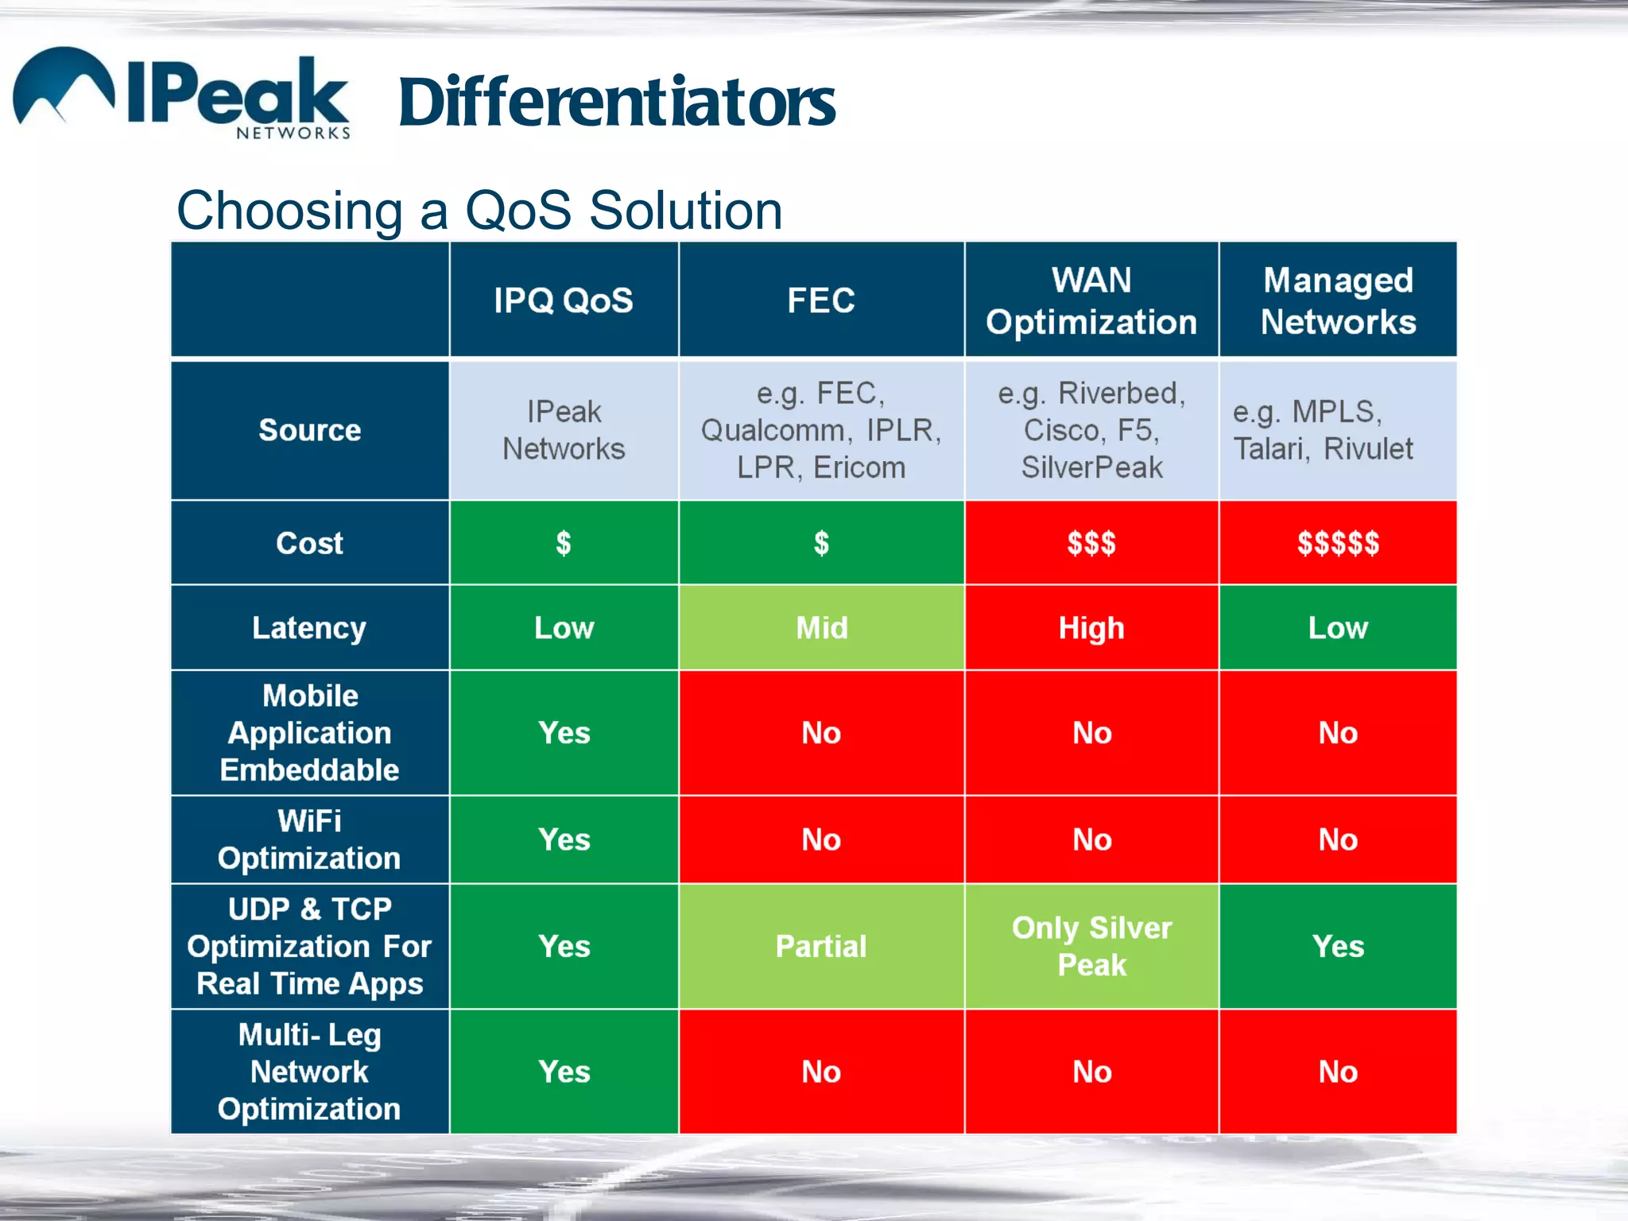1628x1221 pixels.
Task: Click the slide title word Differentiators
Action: click(x=616, y=103)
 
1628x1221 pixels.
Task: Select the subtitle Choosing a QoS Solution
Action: click(x=479, y=211)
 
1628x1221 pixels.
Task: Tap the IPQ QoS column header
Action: click(x=564, y=300)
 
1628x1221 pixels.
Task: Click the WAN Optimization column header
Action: click(x=1091, y=300)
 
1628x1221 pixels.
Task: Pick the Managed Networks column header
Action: click(x=1338, y=300)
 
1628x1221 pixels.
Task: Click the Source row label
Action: click(x=310, y=430)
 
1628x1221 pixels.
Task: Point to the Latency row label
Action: click(x=310, y=628)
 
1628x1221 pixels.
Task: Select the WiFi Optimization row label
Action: click(x=310, y=839)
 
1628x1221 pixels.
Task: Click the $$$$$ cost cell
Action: click(x=1338, y=544)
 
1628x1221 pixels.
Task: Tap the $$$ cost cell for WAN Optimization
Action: click(x=1091, y=544)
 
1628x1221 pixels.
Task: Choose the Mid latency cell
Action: click(x=822, y=628)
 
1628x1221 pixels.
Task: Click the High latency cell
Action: click(x=1091, y=628)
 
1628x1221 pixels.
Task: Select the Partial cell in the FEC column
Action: click(x=822, y=946)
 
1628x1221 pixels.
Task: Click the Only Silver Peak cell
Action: click(x=1091, y=946)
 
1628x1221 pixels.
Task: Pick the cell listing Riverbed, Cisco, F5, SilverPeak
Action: click(x=1091, y=430)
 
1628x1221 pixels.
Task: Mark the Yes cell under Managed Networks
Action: click(x=1338, y=946)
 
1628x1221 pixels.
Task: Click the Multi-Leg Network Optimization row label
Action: click(x=310, y=1072)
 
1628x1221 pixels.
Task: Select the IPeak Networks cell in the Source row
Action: click(x=564, y=430)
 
